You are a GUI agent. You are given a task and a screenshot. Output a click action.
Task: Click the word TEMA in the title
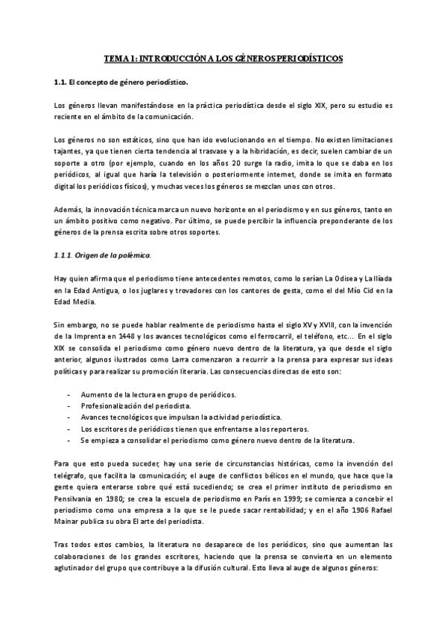pos(114,57)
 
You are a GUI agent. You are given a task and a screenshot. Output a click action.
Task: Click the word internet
pos(272,175)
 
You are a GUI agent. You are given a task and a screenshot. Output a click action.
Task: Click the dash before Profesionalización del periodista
pos(69,406)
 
